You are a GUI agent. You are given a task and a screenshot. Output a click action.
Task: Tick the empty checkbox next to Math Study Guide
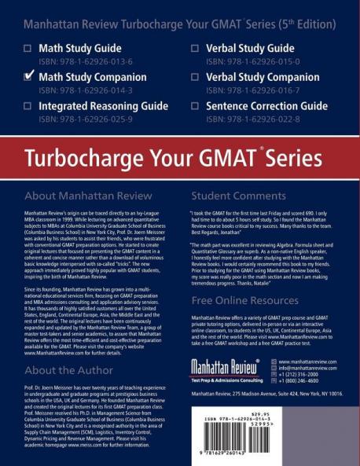click(28, 49)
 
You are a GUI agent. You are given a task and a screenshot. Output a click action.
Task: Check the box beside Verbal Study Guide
click(194, 49)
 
